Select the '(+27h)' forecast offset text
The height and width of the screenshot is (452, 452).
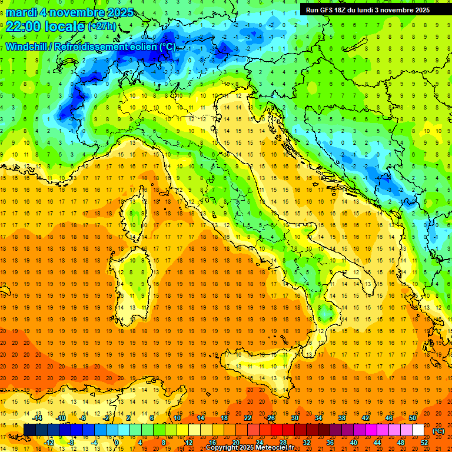pyautogui.click(x=102, y=26)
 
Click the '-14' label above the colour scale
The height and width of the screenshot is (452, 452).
pyautogui.click(x=38, y=418)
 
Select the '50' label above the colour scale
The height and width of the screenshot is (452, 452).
pyautogui.click(x=413, y=418)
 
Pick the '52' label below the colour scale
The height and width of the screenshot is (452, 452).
pyautogui.click(x=424, y=443)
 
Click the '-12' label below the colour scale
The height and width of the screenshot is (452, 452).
pyautogui.click(x=49, y=443)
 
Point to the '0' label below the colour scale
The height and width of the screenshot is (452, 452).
pyautogui.click(x=117, y=443)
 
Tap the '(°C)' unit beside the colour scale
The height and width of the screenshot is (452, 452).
pyautogui.click(x=438, y=430)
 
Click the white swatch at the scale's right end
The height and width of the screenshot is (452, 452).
pyautogui.click(x=418, y=430)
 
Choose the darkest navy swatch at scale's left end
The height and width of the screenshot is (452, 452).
pyautogui.click(x=29, y=430)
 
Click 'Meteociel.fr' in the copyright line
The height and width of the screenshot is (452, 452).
pyautogui.click(x=279, y=448)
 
